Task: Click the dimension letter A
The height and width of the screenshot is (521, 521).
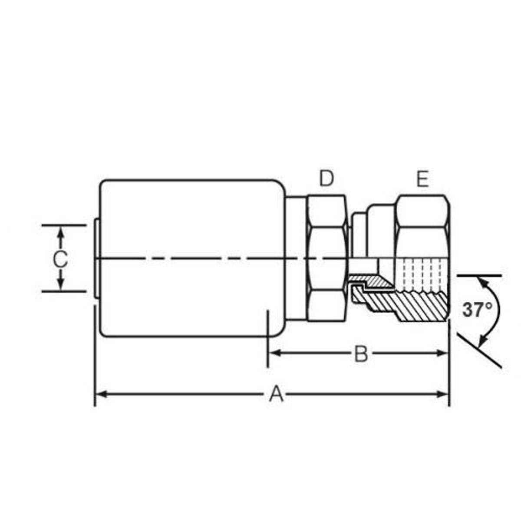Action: [276, 395]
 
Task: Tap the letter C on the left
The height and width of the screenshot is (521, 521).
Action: [60, 260]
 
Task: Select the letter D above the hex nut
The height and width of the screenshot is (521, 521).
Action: [326, 179]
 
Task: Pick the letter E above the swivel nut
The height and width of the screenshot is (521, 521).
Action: [422, 179]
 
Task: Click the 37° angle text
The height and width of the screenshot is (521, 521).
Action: [477, 310]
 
